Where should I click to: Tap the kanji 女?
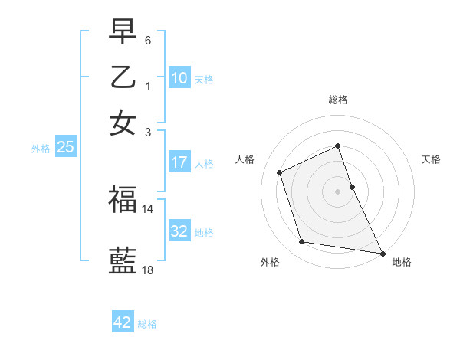pos(123,123)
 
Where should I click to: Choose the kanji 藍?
pos(123,260)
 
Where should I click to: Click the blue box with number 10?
pos(179,78)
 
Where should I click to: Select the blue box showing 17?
pos(179,162)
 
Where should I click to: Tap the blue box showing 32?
pos(179,231)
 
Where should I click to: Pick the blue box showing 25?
pos(65,148)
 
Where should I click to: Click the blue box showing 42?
pos(123,322)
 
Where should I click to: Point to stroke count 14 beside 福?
pos(147,208)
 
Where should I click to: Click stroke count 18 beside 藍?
pos(147,270)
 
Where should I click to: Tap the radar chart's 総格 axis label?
pos(337,100)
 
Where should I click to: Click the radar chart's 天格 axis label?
pos(432,159)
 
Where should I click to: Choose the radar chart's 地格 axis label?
pos(402,262)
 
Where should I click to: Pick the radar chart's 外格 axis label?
pos(270,262)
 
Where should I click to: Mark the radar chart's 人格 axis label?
pos(245,159)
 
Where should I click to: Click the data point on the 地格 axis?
pos(381,252)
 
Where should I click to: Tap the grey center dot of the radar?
pos(337,191)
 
